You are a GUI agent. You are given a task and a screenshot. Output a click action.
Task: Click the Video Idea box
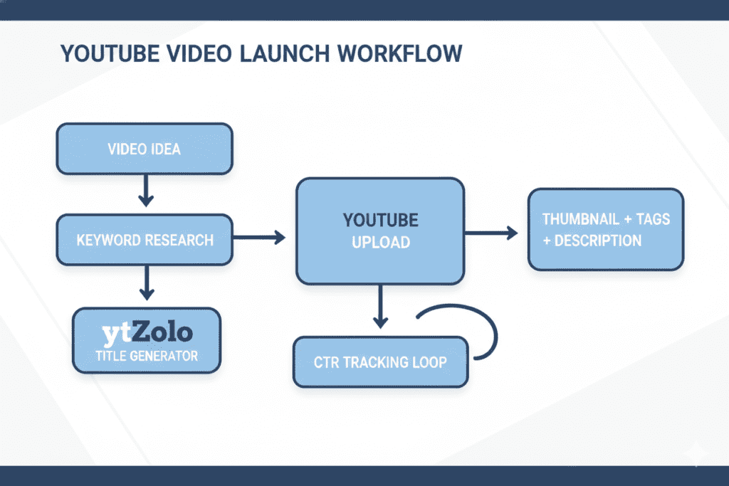coord(144,149)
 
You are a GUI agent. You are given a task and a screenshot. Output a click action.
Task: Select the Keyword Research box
coord(145,239)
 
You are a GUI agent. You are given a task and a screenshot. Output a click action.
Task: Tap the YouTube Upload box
coord(380,230)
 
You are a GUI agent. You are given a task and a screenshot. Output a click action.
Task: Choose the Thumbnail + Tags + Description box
coord(605,229)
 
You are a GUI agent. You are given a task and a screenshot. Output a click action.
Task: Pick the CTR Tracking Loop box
coord(381,362)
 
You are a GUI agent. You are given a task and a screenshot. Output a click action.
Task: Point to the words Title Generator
coord(147,355)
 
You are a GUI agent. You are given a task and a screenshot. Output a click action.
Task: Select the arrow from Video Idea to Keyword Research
coord(145,191)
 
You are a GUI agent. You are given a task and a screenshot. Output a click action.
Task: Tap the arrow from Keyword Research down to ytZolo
coord(146,282)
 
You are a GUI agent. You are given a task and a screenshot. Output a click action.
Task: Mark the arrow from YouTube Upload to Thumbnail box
coord(491,232)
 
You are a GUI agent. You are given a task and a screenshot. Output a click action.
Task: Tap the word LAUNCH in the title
coord(269,55)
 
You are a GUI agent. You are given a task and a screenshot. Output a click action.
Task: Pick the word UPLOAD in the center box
coord(380,242)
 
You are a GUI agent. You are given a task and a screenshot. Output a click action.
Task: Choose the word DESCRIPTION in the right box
coord(597,241)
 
